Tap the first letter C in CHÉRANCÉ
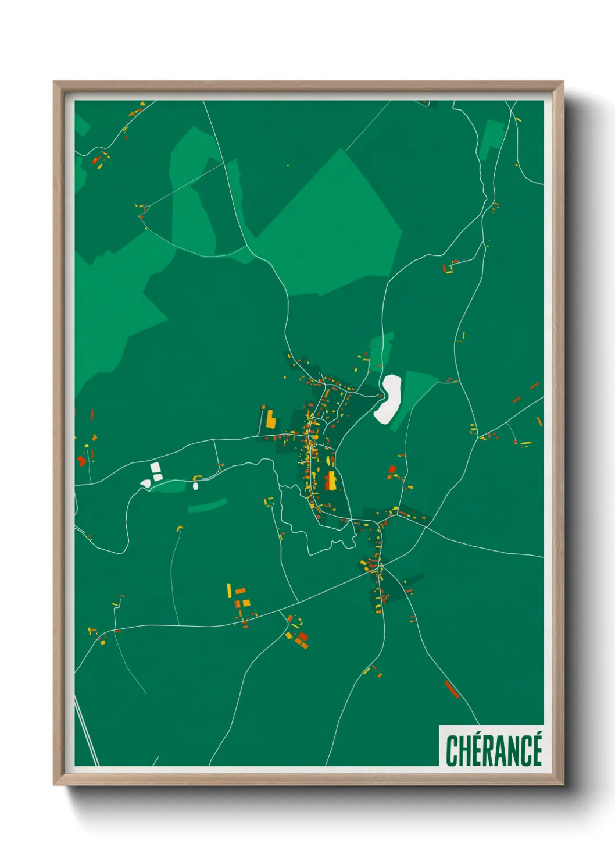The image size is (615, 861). pyautogui.click(x=452, y=750)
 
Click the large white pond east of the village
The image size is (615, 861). pyautogui.click(x=388, y=399)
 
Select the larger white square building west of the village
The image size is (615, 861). pyautogui.click(x=155, y=467)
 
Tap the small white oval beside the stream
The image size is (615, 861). pyautogui.click(x=196, y=486)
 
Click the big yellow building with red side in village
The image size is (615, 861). pyautogui.click(x=331, y=481)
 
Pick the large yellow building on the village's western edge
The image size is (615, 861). pyautogui.click(x=270, y=419)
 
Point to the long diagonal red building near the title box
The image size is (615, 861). pyautogui.click(x=452, y=689)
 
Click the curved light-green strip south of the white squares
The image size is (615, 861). pyautogui.click(x=208, y=505)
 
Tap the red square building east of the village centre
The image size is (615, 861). pyautogui.click(x=392, y=469)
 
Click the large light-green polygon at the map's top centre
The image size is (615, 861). pyautogui.click(x=337, y=227)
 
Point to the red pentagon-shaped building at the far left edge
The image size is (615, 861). pyautogui.click(x=81, y=461)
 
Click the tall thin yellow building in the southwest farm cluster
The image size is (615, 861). pyautogui.click(x=229, y=590)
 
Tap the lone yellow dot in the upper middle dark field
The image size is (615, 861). pyautogui.click(x=288, y=166)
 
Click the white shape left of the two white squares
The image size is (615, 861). pyautogui.click(x=145, y=483)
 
